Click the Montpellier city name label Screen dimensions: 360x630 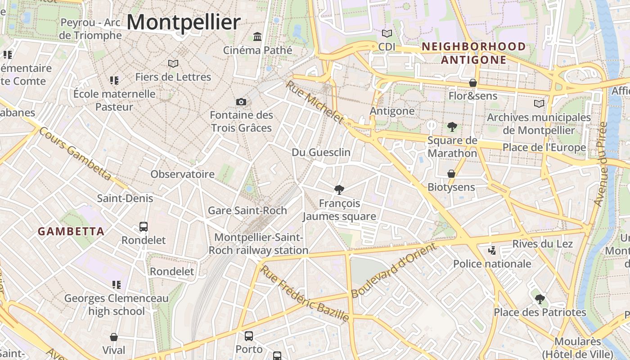[x=184, y=22]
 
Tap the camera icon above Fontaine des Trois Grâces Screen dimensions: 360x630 [x=241, y=102]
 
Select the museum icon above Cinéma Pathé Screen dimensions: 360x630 [x=257, y=36]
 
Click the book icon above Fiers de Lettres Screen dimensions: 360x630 [x=173, y=63]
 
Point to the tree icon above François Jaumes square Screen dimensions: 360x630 [x=339, y=190]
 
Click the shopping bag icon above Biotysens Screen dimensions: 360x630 [x=451, y=174]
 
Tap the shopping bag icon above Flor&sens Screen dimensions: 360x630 [x=473, y=83]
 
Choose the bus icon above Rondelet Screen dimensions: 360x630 [x=144, y=227]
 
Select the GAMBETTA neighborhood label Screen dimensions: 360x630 [x=71, y=232]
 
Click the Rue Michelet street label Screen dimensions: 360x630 [x=315, y=103]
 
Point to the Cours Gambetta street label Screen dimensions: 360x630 [x=75, y=153]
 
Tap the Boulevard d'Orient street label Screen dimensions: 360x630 [x=394, y=270]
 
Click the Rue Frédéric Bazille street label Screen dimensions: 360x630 [x=305, y=293]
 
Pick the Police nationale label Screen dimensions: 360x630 [x=492, y=264]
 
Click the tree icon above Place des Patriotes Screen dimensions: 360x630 [x=540, y=299]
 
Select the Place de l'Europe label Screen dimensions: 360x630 [x=544, y=148]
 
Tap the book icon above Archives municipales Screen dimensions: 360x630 [x=539, y=104]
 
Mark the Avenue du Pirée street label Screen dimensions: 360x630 [x=601, y=164]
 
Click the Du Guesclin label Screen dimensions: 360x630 [x=321, y=152]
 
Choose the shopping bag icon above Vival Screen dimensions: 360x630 [x=114, y=337]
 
